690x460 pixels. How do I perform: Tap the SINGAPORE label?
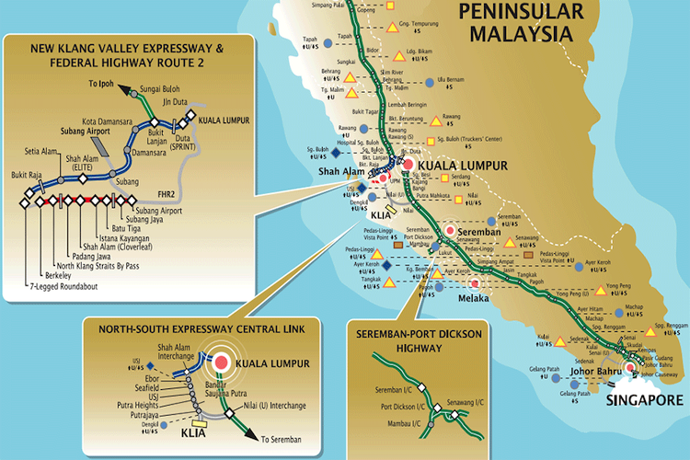(645, 401)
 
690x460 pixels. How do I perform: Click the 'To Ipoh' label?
(105, 83)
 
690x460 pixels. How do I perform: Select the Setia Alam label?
(42, 153)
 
